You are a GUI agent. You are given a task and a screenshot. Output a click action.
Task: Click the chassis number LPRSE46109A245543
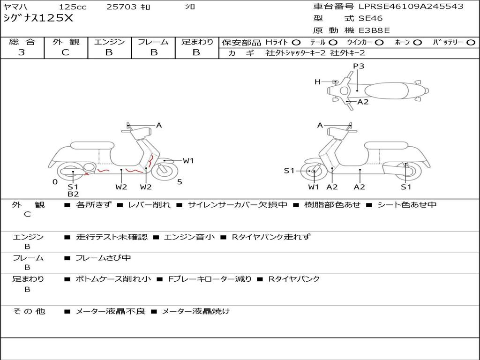[411, 7]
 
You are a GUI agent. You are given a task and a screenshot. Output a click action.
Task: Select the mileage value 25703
[121, 7]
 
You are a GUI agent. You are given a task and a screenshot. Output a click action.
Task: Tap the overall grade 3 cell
[22, 52]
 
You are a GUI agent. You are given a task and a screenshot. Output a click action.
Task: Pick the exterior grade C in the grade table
[66, 52]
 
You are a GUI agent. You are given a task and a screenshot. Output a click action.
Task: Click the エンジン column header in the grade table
[109, 42]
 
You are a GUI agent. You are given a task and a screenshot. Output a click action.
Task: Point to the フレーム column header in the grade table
[153, 42]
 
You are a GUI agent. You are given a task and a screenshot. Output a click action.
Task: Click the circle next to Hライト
[296, 42]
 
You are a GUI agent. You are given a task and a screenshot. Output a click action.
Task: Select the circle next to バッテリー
[471, 42]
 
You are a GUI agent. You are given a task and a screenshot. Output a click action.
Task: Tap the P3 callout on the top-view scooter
[359, 66]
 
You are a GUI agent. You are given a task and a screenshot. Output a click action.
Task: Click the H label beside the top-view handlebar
[317, 82]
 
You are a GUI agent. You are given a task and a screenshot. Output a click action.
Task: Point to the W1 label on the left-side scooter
[188, 161]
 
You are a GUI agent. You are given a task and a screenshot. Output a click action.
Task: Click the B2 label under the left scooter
[73, 194]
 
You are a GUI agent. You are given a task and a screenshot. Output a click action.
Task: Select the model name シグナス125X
[38, 18]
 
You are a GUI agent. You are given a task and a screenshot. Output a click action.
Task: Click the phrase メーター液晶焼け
[196, 311]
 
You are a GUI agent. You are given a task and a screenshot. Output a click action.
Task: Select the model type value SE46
[370, 19]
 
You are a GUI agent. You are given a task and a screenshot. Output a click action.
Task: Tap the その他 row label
[29, 311]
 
